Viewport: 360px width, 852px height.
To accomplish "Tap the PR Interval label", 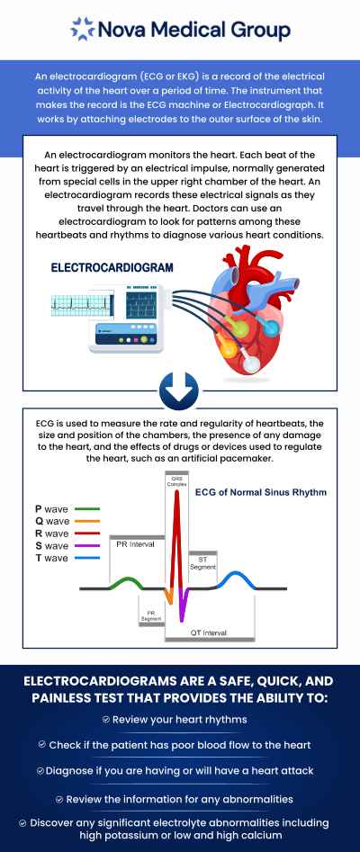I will point(133,544).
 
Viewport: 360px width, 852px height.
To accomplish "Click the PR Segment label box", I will point(149,615).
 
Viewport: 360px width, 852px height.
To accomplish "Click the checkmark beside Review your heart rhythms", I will point(106,720).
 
